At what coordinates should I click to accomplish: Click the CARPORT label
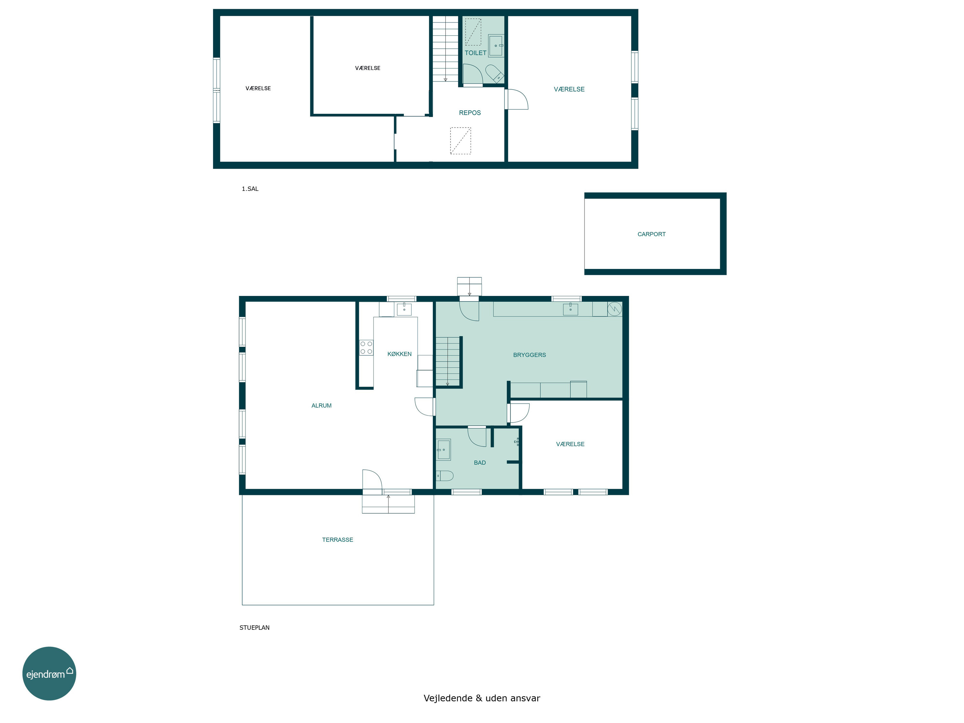652,234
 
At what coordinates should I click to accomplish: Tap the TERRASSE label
337,540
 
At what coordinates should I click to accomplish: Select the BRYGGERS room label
530,355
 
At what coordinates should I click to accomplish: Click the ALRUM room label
321,405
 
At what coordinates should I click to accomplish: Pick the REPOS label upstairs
470,112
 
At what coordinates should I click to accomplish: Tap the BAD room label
480,462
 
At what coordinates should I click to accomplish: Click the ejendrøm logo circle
49,673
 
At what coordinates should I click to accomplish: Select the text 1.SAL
250,189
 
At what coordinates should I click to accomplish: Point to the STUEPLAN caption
254,628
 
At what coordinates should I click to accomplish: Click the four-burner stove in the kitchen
366,347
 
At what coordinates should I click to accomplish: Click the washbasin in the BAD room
443,449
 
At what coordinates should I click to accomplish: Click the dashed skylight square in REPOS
460,140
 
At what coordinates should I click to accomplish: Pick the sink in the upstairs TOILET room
496,45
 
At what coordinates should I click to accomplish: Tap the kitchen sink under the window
404,309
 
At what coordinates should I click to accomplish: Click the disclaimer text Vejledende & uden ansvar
482,698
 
